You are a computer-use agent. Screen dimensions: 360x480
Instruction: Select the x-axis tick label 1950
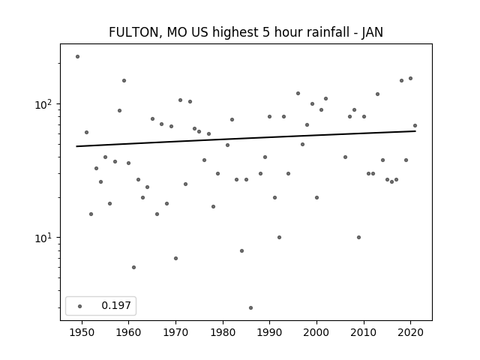click(x=82, y=332)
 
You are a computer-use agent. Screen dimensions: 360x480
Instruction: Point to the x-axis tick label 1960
click(x=129, y=332)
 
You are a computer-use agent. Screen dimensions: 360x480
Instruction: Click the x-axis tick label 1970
click(x=175, y=332)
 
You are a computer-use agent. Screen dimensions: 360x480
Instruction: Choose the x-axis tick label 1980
click(x=223, y=332)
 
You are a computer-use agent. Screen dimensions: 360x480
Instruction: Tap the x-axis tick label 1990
click(x=269, y=332)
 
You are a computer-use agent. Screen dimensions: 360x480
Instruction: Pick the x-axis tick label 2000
click(x=316, y=332)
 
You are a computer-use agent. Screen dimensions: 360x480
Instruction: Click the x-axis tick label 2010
click(x=364, y=332)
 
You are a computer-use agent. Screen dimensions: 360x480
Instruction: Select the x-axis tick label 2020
click(x=410, y=332)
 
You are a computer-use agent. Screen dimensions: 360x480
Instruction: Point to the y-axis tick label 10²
click(x=46, y=104)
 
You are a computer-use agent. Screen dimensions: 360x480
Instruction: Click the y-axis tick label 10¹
click(x=46, y=238)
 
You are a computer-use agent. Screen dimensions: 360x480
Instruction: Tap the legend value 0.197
click(x=116, y=306)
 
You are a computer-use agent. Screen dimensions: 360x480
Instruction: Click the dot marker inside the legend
click(x=79, y=306)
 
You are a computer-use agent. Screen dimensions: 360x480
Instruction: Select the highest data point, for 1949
click(x=77, y=56)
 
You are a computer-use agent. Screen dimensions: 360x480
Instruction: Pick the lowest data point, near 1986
click(x=250, y=307)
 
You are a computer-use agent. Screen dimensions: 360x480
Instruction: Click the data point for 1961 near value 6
click(x=133, y=267)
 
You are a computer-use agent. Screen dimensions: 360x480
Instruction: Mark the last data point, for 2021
click(x=415, y=126)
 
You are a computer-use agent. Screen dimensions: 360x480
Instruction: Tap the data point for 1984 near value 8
click(x=241, y=250)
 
